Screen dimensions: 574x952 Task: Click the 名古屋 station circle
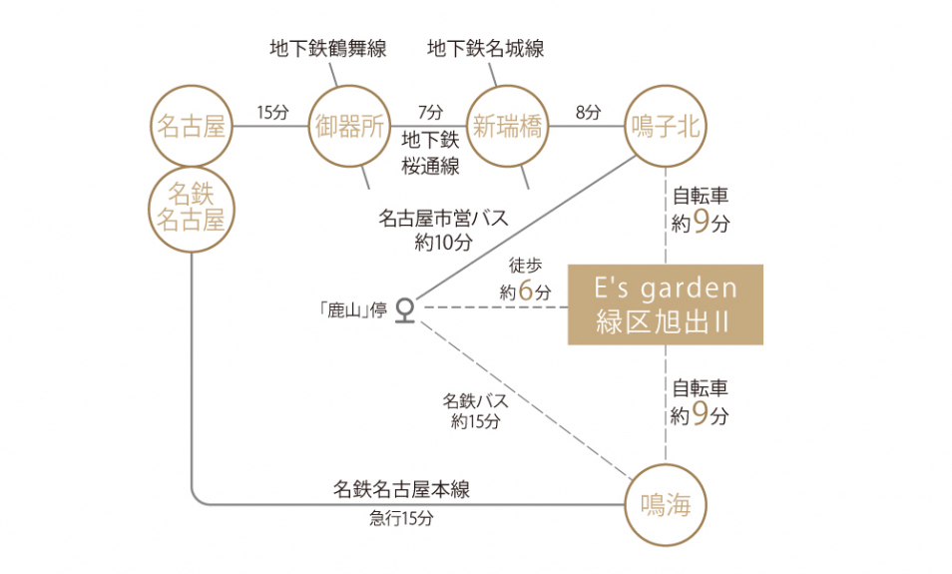(191, 127)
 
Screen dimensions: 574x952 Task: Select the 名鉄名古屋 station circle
(191, 207)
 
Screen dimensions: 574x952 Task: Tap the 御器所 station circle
(348, 127)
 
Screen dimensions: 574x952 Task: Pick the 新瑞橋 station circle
(507, 127)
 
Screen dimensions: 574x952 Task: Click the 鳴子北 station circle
(666, 127)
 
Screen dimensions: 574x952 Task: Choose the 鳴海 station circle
(666, 505)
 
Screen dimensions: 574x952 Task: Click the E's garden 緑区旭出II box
(666, 304)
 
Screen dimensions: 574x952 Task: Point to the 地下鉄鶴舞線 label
(327, 48)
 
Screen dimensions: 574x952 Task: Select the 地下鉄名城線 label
(486, 48)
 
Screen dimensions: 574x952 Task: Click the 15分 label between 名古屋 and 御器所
(271, 113)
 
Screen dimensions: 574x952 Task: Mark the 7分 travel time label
(428, 113)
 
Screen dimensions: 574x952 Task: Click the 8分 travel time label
(589, 113)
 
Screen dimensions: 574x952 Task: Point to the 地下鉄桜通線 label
(430, 153)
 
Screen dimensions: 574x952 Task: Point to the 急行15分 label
(401, 519)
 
